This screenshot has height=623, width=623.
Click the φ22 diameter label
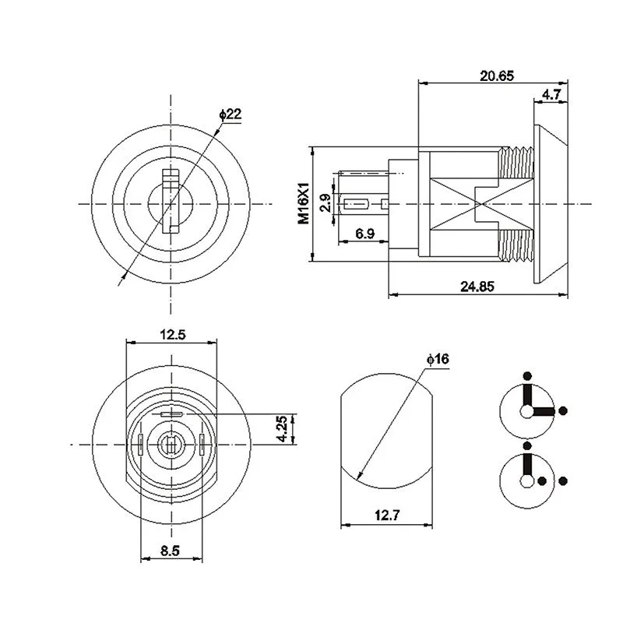[x=231, y=114]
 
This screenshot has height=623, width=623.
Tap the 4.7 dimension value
[x=551, y=94]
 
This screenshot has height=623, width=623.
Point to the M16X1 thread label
[x=305, y=204]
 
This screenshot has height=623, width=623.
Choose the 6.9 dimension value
[x=364, y=234]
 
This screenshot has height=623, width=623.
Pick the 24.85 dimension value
[x=477, y=286]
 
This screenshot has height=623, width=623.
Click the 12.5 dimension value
[x=172, y=335]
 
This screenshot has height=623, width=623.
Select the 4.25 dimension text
[x=285, y=428]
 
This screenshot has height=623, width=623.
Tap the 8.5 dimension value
[x=171, y=550]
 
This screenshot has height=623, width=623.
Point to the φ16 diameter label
[x=438, y=359]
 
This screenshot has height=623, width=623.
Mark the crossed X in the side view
[x=476, y=204]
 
